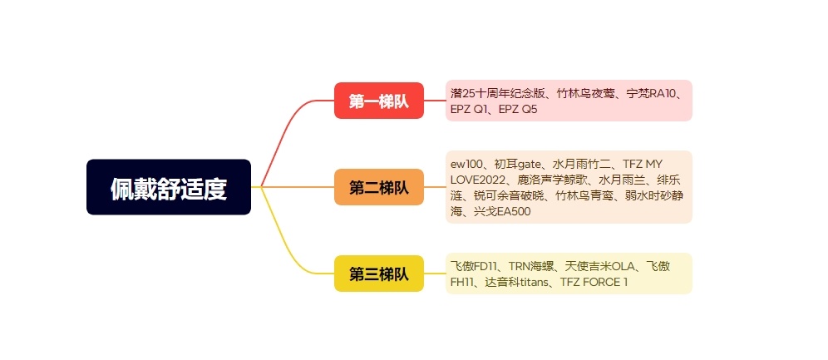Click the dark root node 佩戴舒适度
pos(169,187)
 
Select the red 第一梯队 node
pos(379,101)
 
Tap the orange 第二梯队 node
pos(379,187)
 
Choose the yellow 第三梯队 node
pos(379,274)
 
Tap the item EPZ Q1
pos(468,109)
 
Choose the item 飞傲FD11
pos(473,267)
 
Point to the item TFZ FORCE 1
pos(594,283)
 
